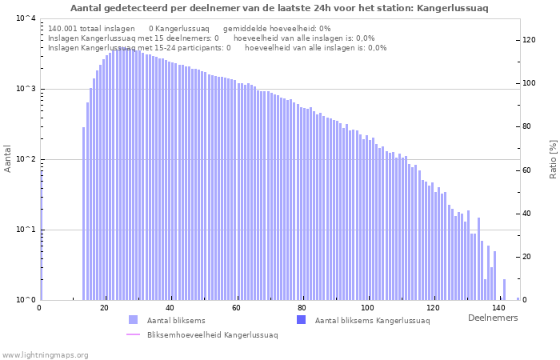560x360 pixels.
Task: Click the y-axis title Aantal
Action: coord(9,158)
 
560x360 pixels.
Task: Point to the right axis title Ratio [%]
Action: coord(552,158)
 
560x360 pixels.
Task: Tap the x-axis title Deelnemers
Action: coord(492,318)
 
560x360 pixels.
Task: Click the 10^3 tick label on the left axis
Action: coord(26,89)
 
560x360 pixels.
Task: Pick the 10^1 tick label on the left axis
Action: coord(26,230)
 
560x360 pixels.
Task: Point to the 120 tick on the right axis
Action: coord(529,39)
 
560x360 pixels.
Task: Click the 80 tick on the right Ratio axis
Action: coord(526,126)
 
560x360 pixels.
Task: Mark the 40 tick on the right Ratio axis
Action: coord(526,214)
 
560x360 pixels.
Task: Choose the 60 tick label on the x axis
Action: coord(236,307)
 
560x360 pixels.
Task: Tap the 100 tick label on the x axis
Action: coord(367,307)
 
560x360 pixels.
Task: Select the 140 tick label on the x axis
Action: coord(498,307)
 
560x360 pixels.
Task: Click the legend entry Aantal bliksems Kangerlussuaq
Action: coord(372,321)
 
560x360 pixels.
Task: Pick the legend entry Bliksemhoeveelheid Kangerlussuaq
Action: coord(212,334)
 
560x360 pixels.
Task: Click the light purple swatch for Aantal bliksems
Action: coord(133,320)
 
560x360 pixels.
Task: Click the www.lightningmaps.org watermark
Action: coord(45,354)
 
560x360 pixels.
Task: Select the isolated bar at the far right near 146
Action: coord(518,298)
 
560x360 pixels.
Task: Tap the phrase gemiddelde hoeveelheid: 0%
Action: coord(277,28)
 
